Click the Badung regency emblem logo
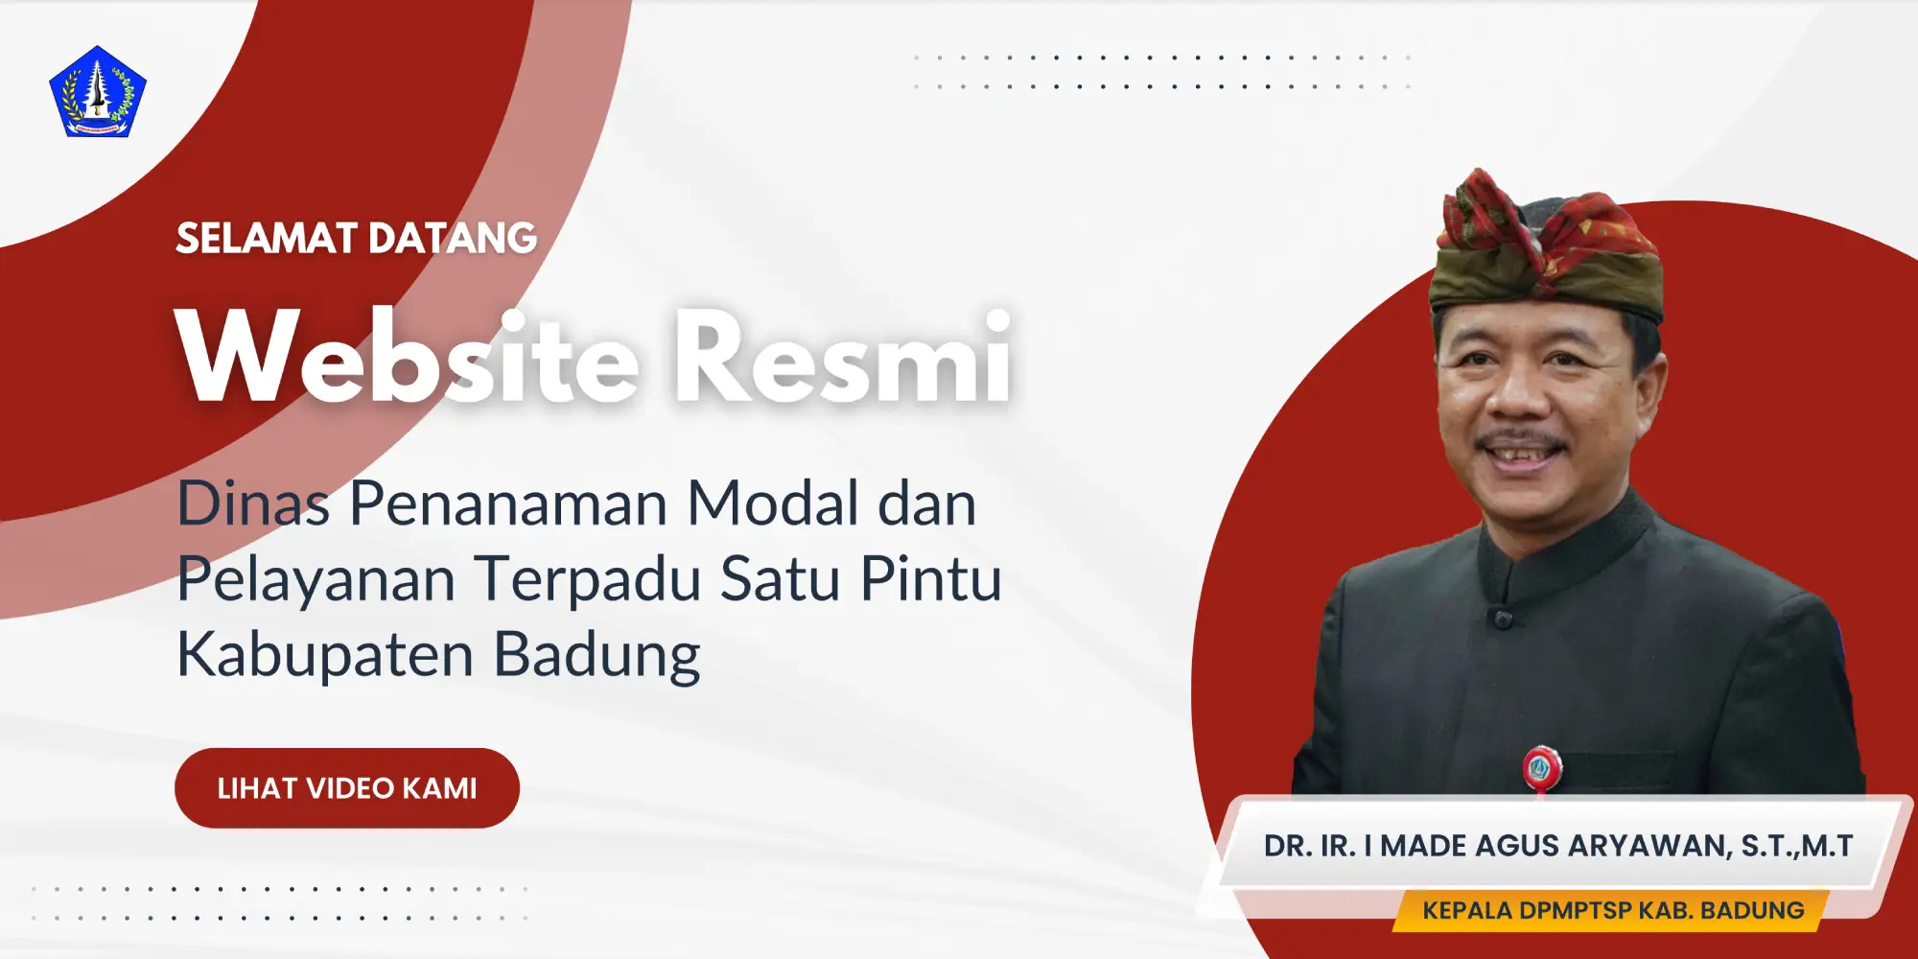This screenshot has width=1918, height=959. (x=98, y=92)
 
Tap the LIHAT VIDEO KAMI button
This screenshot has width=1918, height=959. (x=347, y=788)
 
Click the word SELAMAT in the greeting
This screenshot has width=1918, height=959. (x=266, y=239)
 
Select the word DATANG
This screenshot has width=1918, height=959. (x=453, y=239)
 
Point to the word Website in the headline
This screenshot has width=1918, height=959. (x=408, y=357)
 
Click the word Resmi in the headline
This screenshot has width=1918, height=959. (x=842, y=357)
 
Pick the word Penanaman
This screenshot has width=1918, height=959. (x=508, y=503)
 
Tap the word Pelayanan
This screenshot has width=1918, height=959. (x=316, y=581)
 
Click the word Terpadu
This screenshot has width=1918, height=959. (x=588, y=581)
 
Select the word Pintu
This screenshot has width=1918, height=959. (x=931, y=579)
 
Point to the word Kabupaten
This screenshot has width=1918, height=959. (x=325, y=657)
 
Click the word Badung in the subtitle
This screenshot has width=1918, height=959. (x=597, y=657)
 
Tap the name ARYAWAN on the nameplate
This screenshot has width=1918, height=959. (x=1649, y=847)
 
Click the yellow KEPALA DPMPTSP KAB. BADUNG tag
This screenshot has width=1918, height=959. (x=1613, y=910)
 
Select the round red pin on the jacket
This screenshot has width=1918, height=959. (x=1541, y=766)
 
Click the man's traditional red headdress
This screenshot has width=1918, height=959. (x=1546, y=246)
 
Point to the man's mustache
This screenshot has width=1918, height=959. (x=1523, y=443)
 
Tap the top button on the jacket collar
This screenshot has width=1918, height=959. (x=1503, y=619)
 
